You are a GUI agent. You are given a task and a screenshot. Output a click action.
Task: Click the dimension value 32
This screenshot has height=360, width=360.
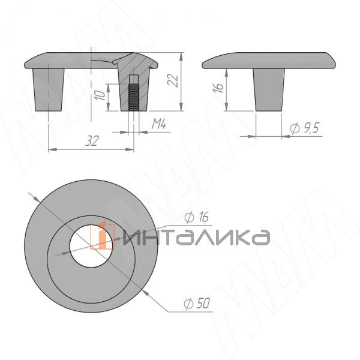coord(91,140)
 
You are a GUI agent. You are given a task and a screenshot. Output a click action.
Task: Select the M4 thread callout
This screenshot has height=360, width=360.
coord(158,124)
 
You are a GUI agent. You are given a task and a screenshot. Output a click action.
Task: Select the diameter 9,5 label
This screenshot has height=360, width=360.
coord(303,128)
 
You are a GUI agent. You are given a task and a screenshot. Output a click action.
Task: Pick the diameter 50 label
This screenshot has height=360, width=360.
coord(196,304)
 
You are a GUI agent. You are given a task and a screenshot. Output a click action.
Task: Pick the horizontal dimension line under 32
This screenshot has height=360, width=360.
coord(72,149)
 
